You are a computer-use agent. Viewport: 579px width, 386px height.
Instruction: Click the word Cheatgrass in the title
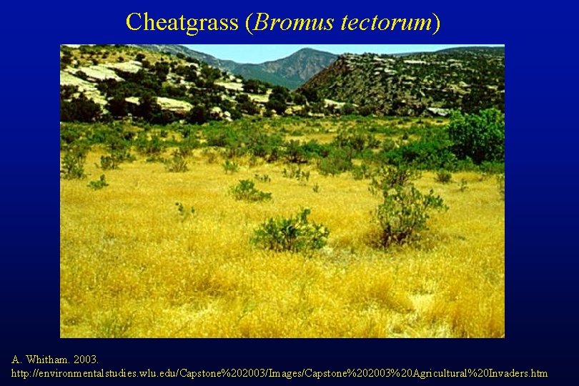click(x=182, y=22)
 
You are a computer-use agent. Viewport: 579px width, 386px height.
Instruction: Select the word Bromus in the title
click(x=293, y=22)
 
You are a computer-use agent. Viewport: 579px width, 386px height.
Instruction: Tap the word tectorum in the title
click(x=385, y=22)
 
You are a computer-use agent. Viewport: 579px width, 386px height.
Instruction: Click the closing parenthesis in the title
click(x=437, y=22)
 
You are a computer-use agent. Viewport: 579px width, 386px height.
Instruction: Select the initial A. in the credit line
click(x=17, y=359)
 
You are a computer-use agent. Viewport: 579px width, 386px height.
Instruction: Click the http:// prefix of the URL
click(x=24, y=373)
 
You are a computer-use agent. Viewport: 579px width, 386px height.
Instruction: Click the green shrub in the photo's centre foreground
click(x=290, y=233)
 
